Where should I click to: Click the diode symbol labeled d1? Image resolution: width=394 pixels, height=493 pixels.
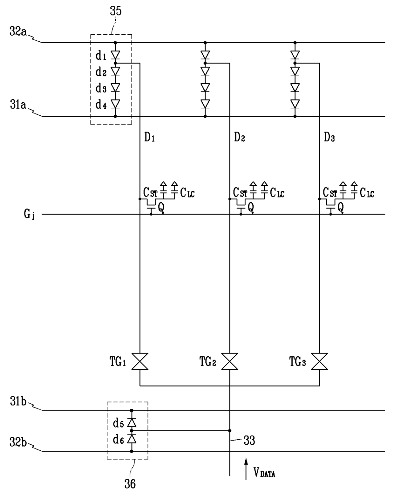click(115, 55)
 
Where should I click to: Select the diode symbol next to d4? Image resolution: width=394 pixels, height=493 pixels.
click(115, 104)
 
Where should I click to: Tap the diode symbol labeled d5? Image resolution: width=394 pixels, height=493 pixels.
click(132, 422)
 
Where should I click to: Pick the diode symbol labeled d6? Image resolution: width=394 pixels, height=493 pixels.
click(132, 439)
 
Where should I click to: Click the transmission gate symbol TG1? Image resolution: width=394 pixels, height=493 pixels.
click(140, 361)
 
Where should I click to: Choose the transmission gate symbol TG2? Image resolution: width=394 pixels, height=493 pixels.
click(229, 361)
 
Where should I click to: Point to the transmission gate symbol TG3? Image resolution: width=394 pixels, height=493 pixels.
click(319, 361)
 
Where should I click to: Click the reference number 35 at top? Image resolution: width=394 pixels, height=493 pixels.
click(116, 11)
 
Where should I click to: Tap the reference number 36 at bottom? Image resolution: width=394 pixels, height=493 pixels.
click(130, 484)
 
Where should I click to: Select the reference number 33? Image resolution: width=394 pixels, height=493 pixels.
click(249, 440)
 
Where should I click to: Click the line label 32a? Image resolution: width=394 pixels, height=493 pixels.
click(18, 31)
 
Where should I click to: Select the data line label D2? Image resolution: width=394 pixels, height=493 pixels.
click(239, 137)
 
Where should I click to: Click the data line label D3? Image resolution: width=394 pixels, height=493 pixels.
click(329, 137)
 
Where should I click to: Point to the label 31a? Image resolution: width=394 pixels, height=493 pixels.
click(18, 105)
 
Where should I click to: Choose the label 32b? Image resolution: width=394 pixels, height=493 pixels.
click(18, 442)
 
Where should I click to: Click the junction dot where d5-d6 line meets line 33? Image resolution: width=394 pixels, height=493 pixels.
click(230, 431)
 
